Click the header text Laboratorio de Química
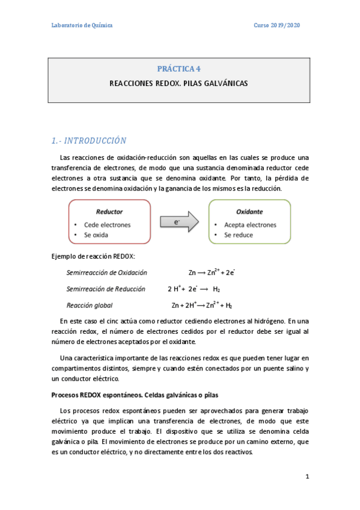pyautogui.click(x=81, y=25)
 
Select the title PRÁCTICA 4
pyautogui.click(x=179, y=69)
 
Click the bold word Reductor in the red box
pyautogui.click(x=109, y=212)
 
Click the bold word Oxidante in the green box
pyautogui.click(x=249, y=212)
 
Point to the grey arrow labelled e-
pyautogui.click(x=179, y=222)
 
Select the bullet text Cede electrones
pyautogui.click(x=107, y=225)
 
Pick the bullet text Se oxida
pyautogui.click(x=96, y=235)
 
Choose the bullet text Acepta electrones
pyautogui.click(x=250, y=225)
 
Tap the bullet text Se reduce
pyautogui.click(x=239, y=235)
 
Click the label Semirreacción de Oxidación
pyautogui.click(x=106, y=272)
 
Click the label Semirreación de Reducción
pyautogui.click(x=106, y=289)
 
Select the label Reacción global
pyautogui.click(x=90, y=305)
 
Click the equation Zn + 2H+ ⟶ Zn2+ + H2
pyautogui.click(x=201, y=305)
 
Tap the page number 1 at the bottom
pyautogui.click(x=307, y=477)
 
